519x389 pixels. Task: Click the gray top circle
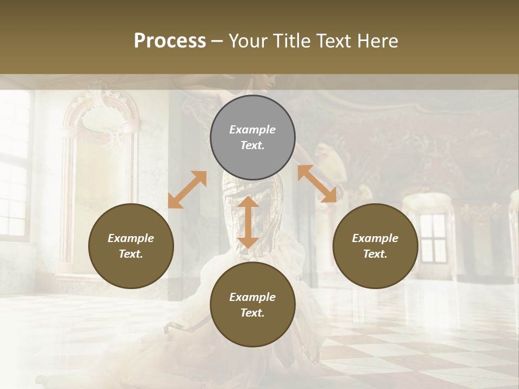click(252, 138)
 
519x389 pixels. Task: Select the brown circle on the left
click(131, 246)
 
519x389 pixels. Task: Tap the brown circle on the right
click(375, 246)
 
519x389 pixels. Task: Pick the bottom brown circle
click(252, 305)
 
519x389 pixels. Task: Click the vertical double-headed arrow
click(248, 222)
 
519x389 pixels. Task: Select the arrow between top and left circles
click(187, 190)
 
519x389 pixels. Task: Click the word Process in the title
click(170, 41)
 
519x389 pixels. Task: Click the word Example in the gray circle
click(252, 130)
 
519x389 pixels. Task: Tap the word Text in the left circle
click(131, 254)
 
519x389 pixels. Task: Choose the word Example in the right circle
click(375, 238)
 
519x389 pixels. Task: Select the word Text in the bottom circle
click(252, 313)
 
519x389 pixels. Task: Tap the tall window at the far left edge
click(13, 178)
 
